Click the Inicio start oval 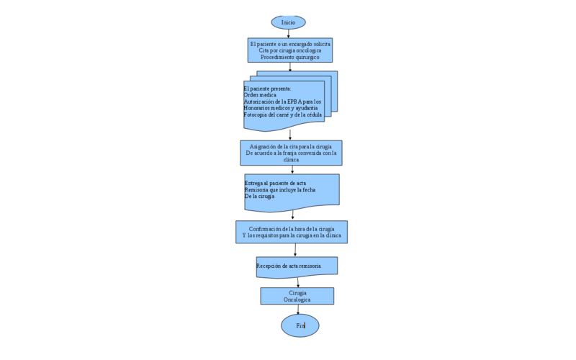288,22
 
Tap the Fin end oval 300,325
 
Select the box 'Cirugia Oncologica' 297,296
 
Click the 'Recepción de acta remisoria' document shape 296,266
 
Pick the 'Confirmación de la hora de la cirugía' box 292,232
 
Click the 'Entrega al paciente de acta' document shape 292,192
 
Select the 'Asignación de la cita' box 291,153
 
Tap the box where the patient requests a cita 289,50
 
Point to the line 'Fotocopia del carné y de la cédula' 283,114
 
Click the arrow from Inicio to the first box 289,34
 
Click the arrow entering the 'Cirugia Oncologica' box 297,282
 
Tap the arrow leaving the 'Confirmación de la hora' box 295,250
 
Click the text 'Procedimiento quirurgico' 290,57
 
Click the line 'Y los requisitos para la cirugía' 292,235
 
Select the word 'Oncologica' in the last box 297,300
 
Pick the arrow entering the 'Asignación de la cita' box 290,135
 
